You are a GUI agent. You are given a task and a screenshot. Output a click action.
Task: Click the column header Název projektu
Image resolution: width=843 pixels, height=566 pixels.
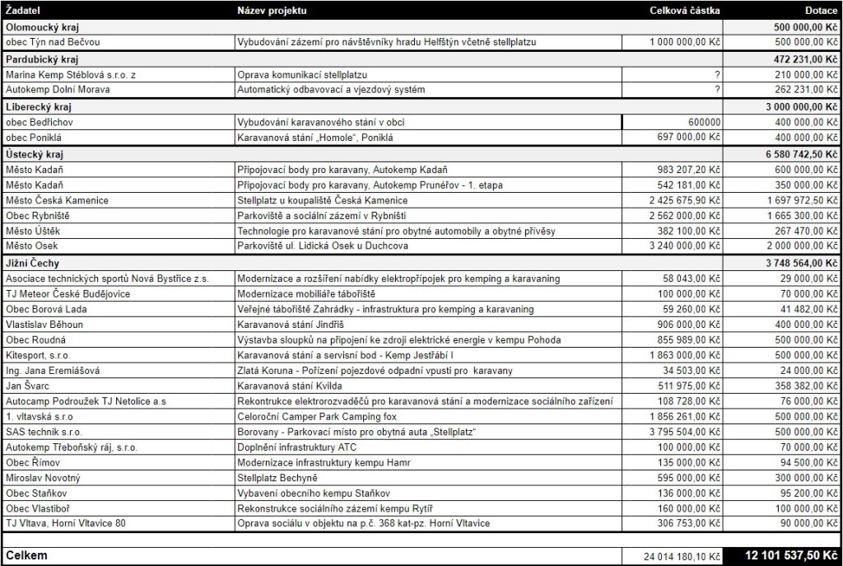pos(272,11)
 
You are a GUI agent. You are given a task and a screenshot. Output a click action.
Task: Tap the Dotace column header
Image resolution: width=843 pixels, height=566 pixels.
pos(821,11)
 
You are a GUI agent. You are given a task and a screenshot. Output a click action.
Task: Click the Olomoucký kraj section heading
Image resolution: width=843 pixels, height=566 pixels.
pos(36,26)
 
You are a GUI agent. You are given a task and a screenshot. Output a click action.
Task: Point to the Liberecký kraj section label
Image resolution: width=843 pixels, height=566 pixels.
pos(34,106)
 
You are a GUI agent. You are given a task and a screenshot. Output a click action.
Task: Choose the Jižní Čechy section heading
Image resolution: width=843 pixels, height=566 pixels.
pos(31,263)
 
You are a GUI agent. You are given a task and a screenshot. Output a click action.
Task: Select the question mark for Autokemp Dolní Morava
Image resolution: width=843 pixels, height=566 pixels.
pos(718,89)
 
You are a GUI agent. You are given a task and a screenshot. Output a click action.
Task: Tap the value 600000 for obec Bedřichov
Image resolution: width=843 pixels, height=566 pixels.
pos(699,122)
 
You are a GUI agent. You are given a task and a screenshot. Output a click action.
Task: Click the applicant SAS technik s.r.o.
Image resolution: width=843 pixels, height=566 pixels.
pos(44,432)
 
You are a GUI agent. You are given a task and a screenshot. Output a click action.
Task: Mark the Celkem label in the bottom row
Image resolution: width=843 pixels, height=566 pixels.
pos(26,556)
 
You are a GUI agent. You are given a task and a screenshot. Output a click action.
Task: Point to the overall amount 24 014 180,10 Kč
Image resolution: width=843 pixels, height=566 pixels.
pos(674,557)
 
